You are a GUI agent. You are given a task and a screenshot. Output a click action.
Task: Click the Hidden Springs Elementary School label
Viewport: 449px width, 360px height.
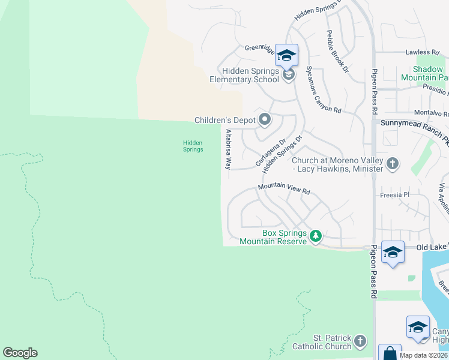pyautogui.click(x=244, y=75)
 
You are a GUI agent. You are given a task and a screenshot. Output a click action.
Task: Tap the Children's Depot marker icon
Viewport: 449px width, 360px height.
pyautogui.click(x=265, y=120)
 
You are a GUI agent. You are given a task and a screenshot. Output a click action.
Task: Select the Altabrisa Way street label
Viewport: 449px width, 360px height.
pyautogui.click(x=228, y=149)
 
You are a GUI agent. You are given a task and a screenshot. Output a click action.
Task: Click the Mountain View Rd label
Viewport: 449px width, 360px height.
pyautogui.click(x=284, y=189)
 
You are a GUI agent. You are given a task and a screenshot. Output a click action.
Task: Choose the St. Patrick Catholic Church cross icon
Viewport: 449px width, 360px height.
pyautogui.click(x=360, y=341)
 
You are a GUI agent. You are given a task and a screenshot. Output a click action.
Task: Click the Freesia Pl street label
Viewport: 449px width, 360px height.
pyautogui.click(x=394, y=195)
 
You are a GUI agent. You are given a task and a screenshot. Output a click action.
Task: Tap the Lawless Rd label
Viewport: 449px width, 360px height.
pyautogui.click(x=418, y=53)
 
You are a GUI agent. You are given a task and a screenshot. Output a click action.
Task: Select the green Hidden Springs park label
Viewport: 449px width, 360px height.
pyautogui.click(x=193, y=146)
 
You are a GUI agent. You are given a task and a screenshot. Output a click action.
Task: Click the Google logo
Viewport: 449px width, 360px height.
pyautogui.click(x=20, y=353)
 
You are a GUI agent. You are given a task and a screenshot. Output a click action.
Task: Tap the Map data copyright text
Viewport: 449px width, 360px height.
pyautogui.click(x=423, y=355)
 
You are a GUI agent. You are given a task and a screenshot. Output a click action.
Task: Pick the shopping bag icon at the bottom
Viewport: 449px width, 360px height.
pyautogui.click(x=389, y=353)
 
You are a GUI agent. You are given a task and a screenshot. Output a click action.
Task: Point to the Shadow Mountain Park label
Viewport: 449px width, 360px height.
pyautogui.click(x=425, y=74)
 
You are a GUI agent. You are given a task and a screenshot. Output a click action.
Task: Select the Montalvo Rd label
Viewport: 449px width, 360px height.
pyautogui.click(x=432, y=113)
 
